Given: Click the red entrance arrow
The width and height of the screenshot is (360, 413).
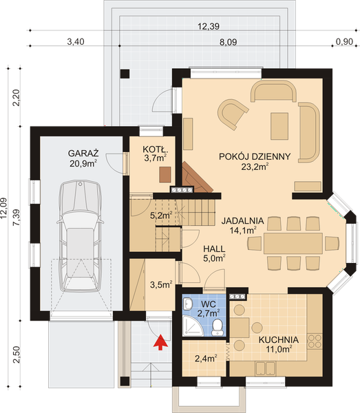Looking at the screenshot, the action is click(x=160, y=342).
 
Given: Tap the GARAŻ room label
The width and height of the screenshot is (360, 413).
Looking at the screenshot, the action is click(x=83, y=153).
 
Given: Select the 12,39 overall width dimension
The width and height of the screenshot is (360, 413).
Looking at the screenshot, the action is click(x=209, y=26).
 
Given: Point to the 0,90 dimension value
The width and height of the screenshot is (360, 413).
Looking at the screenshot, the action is click(x=344, y=41).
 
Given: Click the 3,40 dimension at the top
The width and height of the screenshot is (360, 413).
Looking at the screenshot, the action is click(x=76, y=41).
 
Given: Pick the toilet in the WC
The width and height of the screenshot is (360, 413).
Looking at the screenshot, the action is click(x=218, y=328).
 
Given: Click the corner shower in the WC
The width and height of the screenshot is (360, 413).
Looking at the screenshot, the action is click(x=193, y=326).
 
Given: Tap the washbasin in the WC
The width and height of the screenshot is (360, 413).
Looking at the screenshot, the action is click(x=188, y=304).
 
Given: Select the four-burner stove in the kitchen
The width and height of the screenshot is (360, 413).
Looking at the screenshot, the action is click(x=315, y=341).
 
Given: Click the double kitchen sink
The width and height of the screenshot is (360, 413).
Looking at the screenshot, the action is click(x=266, y=368).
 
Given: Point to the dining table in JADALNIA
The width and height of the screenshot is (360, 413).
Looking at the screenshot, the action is click(x=293, y=243).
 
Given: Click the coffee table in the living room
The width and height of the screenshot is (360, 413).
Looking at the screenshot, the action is click(x=279, y=126).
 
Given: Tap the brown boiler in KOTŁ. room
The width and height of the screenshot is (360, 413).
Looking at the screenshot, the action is click(x=165, y=175).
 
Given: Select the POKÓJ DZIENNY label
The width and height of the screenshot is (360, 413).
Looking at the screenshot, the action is click(x=255, y=156).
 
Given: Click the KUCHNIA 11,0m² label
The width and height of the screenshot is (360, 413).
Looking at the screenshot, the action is click(x=279, y=345).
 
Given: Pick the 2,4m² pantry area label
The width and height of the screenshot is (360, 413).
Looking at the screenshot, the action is click(x=206, y=358).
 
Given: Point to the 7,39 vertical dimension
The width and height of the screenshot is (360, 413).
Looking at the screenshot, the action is click(x=17, y=218).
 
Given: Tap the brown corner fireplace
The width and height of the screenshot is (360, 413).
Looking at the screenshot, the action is click(x=195, y=178).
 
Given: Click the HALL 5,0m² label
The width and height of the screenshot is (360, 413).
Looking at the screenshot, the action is click(x=214, y=253).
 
